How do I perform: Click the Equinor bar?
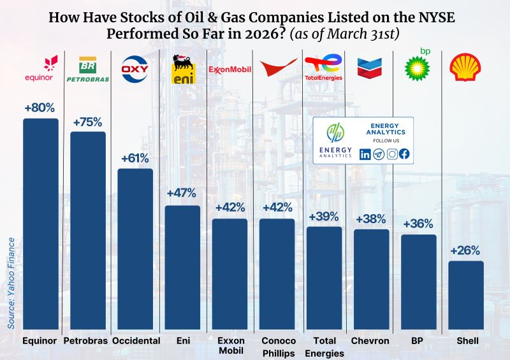[x=41, y=223]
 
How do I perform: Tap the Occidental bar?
[x=135, y=248]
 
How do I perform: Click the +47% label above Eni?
[x=182, y=193]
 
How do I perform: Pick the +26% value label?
[x=465, y=251]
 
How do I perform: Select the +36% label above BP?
[x=418, y=224]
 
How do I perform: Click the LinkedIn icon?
[x=365, y=154]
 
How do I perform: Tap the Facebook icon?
[x=404, y=154]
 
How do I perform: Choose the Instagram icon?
[x=391, y=154]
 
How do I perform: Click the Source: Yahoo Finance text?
[x=11, y=283]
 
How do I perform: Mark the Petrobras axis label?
[x=87, y=341]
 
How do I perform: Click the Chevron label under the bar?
[x=371, y=341]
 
